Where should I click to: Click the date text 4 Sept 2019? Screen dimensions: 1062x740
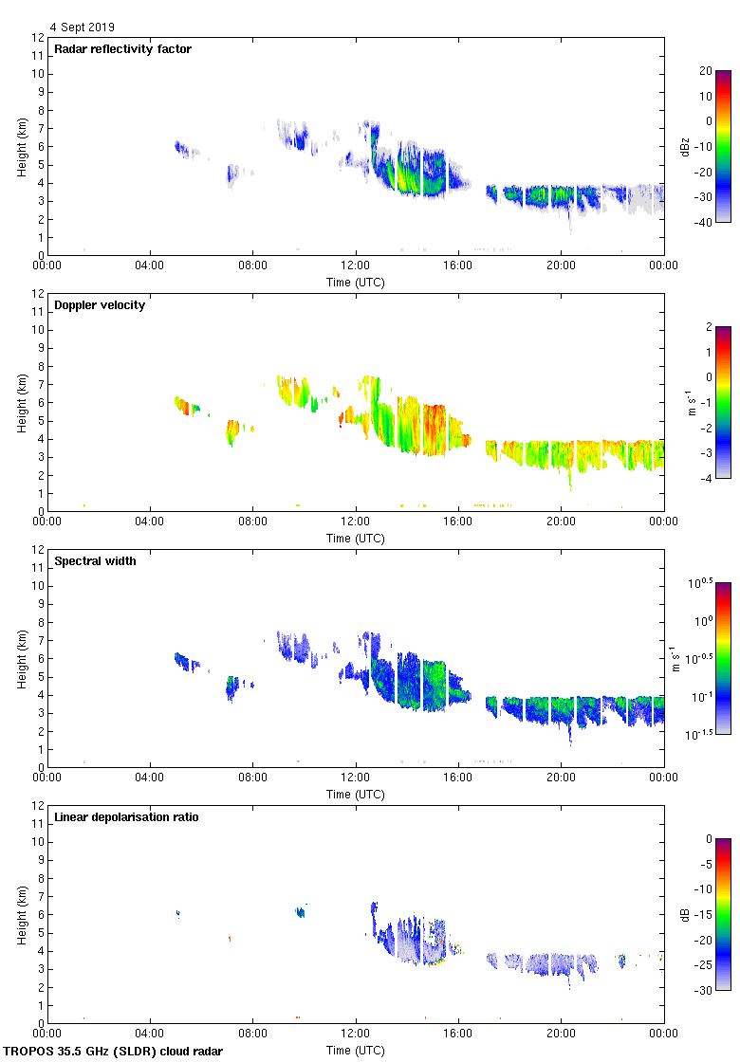(x=83, y=27)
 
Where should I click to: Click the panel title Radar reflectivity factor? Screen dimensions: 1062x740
(x=122, y=49)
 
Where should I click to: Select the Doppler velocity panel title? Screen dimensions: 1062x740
(x=100, y=305)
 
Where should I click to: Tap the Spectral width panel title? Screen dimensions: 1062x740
(x=95, y=561)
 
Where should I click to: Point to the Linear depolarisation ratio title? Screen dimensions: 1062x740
(x=126, y=817)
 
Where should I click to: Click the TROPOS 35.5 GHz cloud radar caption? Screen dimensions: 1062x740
(x=114, y=1052)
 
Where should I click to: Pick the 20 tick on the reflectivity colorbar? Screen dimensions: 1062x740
(x=706, y=71)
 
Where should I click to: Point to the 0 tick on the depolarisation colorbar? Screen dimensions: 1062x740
(x=709, y=839)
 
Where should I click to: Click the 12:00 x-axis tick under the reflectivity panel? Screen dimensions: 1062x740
(x=356, y=266)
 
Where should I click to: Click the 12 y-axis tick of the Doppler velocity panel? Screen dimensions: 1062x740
(x=39, y=294)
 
